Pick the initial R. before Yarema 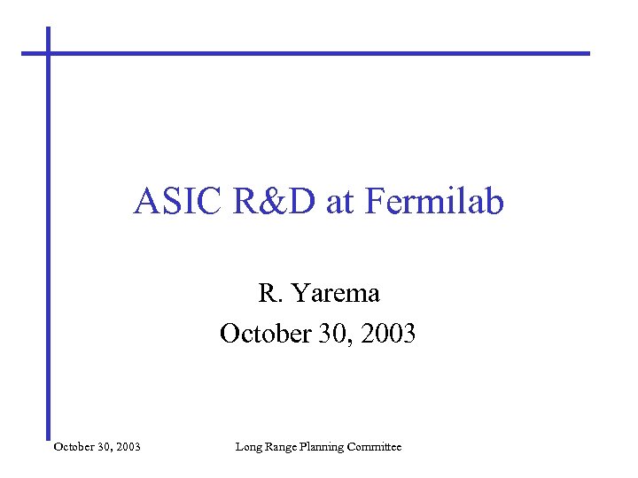(x=269, y=292)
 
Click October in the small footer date (x=74, y=447)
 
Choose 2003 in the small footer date (x=128, y=447)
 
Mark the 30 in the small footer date (x=105, y=447)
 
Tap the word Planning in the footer (x=326, y=447)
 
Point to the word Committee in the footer (x=377, y=447)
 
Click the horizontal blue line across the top (x=319, y=53)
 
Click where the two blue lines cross (x=49, y=53)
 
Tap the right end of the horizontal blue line (x=586, y=53)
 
